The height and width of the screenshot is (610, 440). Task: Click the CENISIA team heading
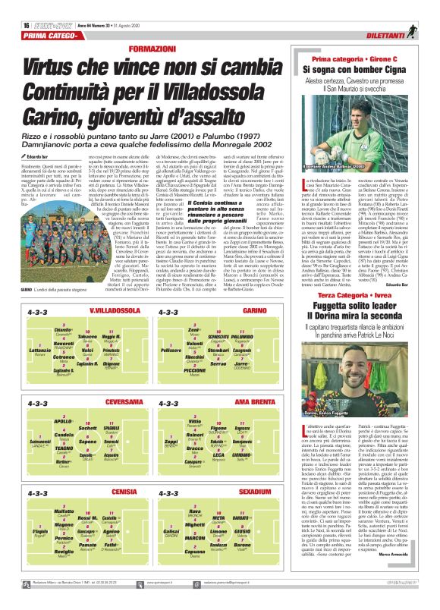(x=113, y=492)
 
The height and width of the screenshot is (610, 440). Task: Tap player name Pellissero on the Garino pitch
(x=173, y=350)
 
